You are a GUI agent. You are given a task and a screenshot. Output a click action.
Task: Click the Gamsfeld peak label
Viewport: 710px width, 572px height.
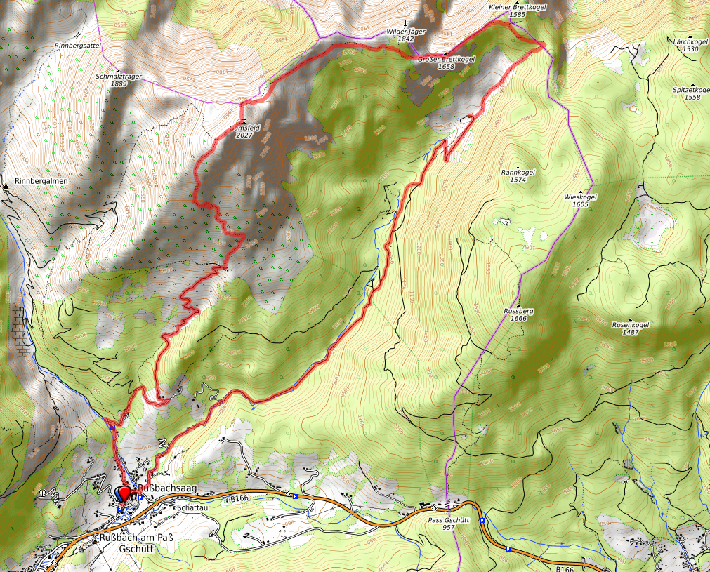(244, 128)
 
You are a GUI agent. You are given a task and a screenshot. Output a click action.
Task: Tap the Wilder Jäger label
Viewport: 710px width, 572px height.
(406, 32)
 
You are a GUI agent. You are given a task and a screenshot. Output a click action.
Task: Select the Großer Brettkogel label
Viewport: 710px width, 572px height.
(446, 59)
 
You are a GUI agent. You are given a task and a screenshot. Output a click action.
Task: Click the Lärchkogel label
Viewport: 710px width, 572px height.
(690, 41)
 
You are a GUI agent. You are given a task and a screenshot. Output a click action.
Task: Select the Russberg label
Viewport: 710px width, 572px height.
(519, 310)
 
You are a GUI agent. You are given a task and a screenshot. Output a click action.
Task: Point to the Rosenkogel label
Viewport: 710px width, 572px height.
(630, 325)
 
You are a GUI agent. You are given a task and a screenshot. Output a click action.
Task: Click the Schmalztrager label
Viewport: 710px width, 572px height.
(118, 76)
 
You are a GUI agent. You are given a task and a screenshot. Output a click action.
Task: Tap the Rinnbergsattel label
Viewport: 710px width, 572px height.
(78, 45)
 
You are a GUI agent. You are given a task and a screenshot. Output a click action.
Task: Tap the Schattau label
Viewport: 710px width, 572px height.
(192, 507)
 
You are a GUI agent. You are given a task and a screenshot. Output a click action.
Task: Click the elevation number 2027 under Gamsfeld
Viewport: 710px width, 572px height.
(244, 135)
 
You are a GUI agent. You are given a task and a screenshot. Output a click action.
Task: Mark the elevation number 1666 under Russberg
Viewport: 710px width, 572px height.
(519, 318)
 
